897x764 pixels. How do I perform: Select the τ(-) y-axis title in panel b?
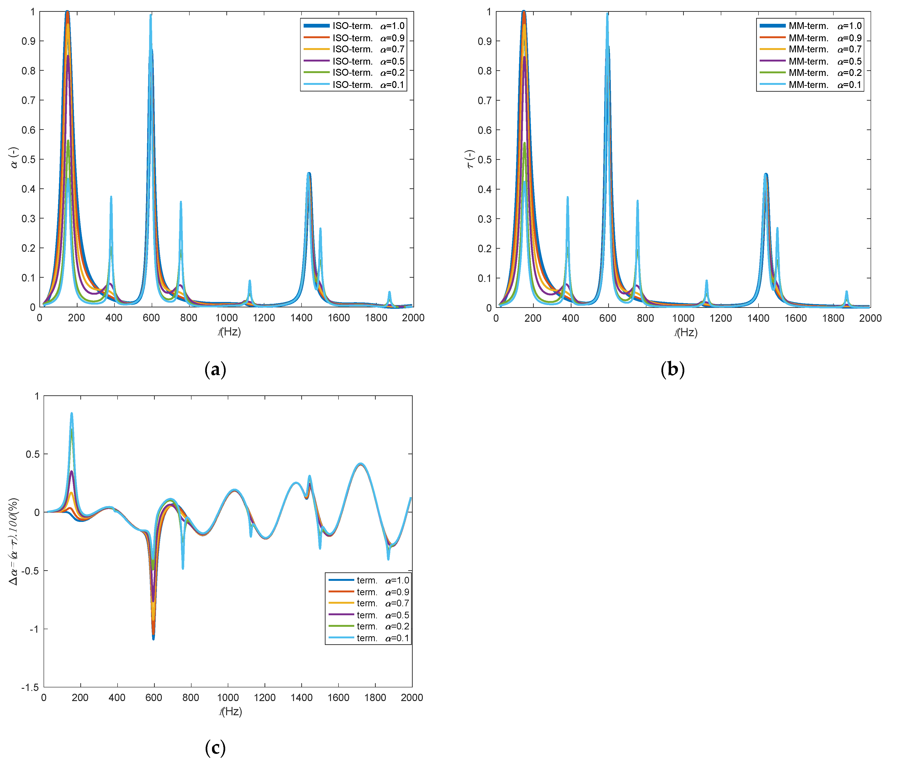(x=470, y=159)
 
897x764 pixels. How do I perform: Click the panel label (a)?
(x=215, y=369)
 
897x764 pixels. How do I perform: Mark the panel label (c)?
(x=215, y=747)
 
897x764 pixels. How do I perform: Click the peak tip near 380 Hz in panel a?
(x=111, y=197)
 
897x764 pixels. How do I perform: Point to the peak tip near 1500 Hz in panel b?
(x=777, y=228)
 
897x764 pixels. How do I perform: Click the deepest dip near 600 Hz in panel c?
(x=153, y=638)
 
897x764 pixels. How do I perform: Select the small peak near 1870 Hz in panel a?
(x=389, y=292)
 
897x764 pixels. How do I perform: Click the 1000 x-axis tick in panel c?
(x=228, y=698)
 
